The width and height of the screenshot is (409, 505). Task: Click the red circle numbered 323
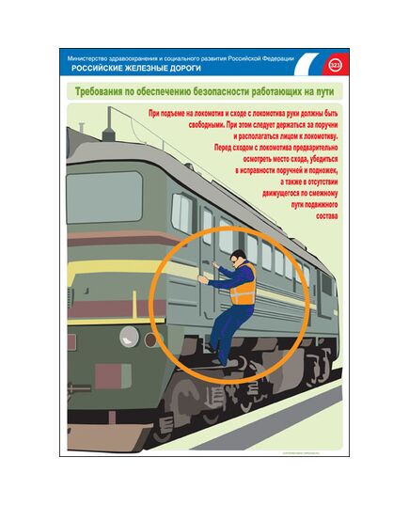(336, 65)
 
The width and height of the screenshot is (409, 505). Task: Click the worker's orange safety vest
(243, 285)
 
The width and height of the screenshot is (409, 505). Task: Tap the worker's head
(238, 255)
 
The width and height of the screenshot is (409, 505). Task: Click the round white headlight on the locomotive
(127, 334)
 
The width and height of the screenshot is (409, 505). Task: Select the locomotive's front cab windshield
(103, 195)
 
